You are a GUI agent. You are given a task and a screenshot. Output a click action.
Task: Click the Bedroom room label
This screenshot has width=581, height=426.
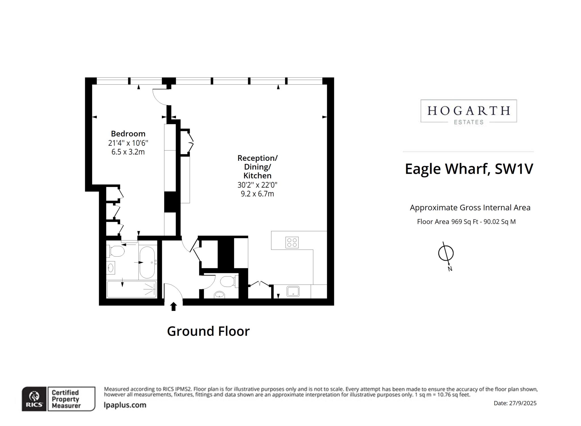point(128,133)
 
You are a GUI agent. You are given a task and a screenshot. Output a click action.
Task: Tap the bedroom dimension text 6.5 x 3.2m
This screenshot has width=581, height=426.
point(128,152)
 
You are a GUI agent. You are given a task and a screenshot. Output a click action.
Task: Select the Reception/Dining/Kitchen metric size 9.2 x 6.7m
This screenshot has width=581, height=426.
point(257,194)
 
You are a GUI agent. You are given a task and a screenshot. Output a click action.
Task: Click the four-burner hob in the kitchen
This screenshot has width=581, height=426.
point(292,242)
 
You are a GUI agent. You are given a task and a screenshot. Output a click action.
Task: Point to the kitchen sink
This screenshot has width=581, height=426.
point(293,291)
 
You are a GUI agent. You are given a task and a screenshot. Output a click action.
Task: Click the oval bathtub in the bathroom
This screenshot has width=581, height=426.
point(147,262)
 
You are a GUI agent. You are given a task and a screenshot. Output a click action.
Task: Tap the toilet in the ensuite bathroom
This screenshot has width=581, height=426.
point(116,251)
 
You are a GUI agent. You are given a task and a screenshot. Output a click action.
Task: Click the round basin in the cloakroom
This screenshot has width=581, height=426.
point(219,295)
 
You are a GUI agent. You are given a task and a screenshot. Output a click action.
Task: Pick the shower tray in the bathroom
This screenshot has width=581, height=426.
point(132,289)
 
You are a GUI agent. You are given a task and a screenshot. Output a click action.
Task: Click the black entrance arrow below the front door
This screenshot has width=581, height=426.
point(173,307)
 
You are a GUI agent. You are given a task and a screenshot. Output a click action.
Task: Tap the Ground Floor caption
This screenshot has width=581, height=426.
point(208,331)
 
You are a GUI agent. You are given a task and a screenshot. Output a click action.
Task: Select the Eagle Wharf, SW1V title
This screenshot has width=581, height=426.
point(469,169)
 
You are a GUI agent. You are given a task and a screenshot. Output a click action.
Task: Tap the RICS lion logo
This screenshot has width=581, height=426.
point(34,398)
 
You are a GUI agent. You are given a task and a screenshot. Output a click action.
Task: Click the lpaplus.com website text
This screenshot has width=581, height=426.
point(125,405)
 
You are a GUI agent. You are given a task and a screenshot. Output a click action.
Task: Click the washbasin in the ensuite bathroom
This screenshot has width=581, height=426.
point(111,268)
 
